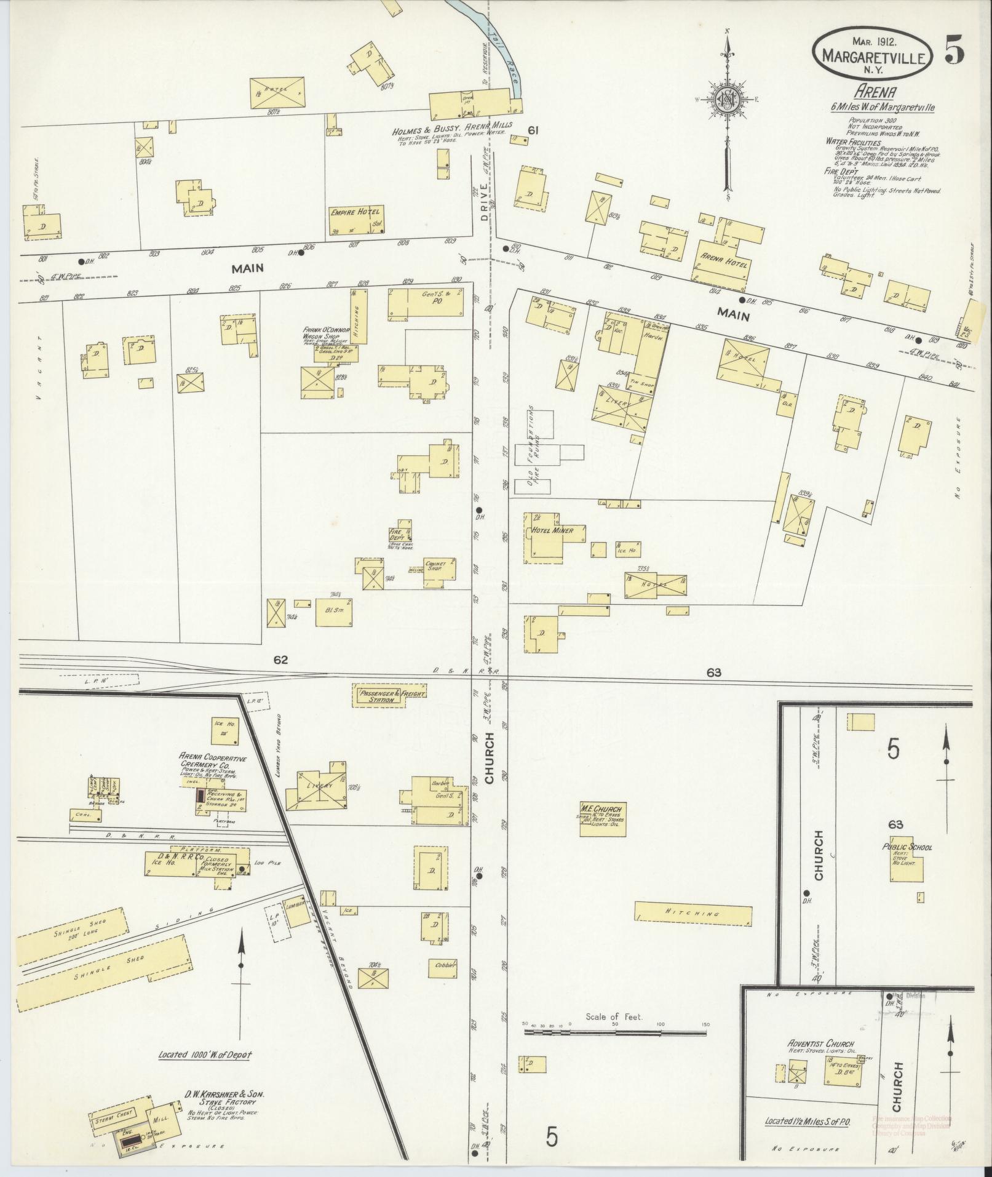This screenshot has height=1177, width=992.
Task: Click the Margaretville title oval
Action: pyautogui.click(x=873, y=55)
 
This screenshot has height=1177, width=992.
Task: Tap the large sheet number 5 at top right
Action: pyautogui.click(x=954, y=54)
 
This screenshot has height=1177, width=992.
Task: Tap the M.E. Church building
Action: pyautogui.click(x=602, y=819)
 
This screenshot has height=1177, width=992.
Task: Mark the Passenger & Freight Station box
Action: pyautogui.click(x=389, y=696)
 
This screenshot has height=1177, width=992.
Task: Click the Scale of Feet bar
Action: pyautogui.click(x=614, y=1033)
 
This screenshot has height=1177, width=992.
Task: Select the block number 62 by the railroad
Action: pyautogui.click(x=281, y=660)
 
